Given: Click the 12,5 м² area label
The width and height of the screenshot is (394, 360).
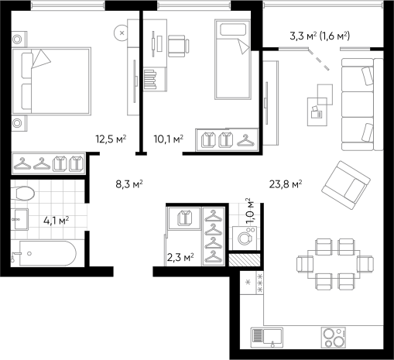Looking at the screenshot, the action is pos(111,139).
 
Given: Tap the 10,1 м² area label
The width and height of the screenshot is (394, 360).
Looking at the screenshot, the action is pos(169,139).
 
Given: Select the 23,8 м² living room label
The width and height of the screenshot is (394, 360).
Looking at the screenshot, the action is pos(286,184).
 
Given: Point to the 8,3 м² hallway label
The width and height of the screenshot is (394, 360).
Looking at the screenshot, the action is pos(129,184).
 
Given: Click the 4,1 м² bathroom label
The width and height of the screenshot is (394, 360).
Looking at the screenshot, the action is pos(56,221).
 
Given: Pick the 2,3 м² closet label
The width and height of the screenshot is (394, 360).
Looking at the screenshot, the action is pos(180,257).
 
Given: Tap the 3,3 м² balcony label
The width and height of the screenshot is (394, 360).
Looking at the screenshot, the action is pos(303,36).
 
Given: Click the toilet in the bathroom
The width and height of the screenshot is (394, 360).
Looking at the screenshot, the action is pos(22,193).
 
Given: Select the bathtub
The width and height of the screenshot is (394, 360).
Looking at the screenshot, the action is pos(44,253).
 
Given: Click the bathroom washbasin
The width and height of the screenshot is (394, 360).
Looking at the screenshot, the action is pos(20,219).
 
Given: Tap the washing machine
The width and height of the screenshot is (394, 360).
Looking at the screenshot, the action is pos(245,238).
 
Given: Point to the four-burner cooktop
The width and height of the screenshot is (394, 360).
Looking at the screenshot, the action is pos(334,338).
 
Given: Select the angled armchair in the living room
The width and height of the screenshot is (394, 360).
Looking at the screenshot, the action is pos(346,185).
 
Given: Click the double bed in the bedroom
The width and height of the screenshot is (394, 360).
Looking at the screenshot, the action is pos(52,81).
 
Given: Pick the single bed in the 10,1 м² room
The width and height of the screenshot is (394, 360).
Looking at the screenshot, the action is pos(233,60).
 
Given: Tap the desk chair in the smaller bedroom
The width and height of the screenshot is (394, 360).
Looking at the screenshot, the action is pos(178,46).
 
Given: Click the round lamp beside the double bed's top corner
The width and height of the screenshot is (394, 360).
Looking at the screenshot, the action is pos(122,33).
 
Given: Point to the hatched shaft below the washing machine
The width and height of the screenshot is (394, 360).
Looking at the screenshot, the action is pos(245,260).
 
